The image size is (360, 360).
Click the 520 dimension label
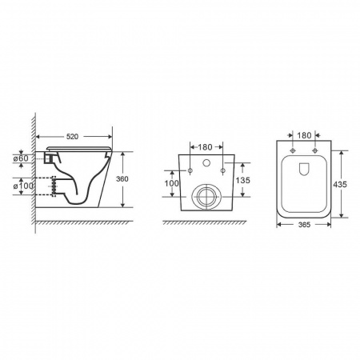(x=72, y=137)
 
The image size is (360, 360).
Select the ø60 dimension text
(x=21, y=158)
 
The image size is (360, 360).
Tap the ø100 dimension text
(x=24, y=186)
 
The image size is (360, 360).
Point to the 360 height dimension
(x=122, y=179)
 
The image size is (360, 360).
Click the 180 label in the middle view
(x=205, y=147)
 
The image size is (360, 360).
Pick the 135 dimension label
(x=243, y=180)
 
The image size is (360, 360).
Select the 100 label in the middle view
(x=171, y=183)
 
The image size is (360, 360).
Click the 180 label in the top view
(x=304, y=135)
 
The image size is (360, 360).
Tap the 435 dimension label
(x=340, y=184)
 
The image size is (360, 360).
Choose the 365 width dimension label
(x=304, y=225)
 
